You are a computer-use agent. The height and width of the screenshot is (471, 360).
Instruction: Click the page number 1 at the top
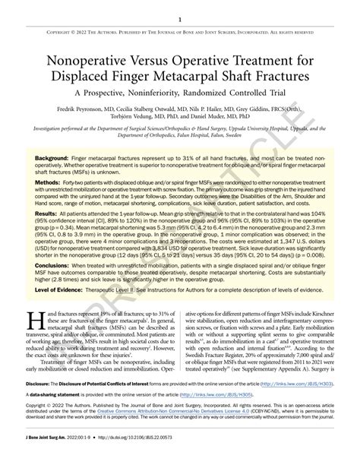pyautogui.click(x=180, y=20)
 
